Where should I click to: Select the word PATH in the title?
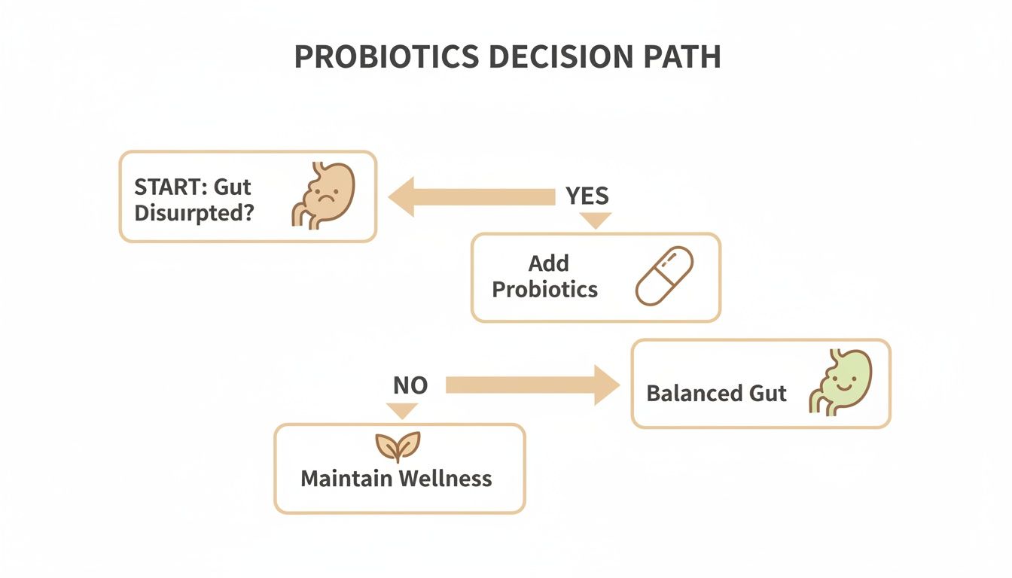(x=682, y=57)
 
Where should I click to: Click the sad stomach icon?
(x=322, y=194)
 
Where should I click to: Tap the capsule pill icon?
(x=664, y=275)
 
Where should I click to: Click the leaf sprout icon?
(x=397, y=446)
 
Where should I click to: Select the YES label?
(x=587, y=196)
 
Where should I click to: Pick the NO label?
(x=410, y=385)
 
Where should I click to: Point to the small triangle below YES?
(x=596, y=220)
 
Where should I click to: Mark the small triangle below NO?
(x=401, y=410)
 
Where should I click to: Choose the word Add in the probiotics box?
(x=548, y=263)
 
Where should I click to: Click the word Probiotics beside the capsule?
(x=544, y=289)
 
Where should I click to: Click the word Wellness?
(x=446, y=479)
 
